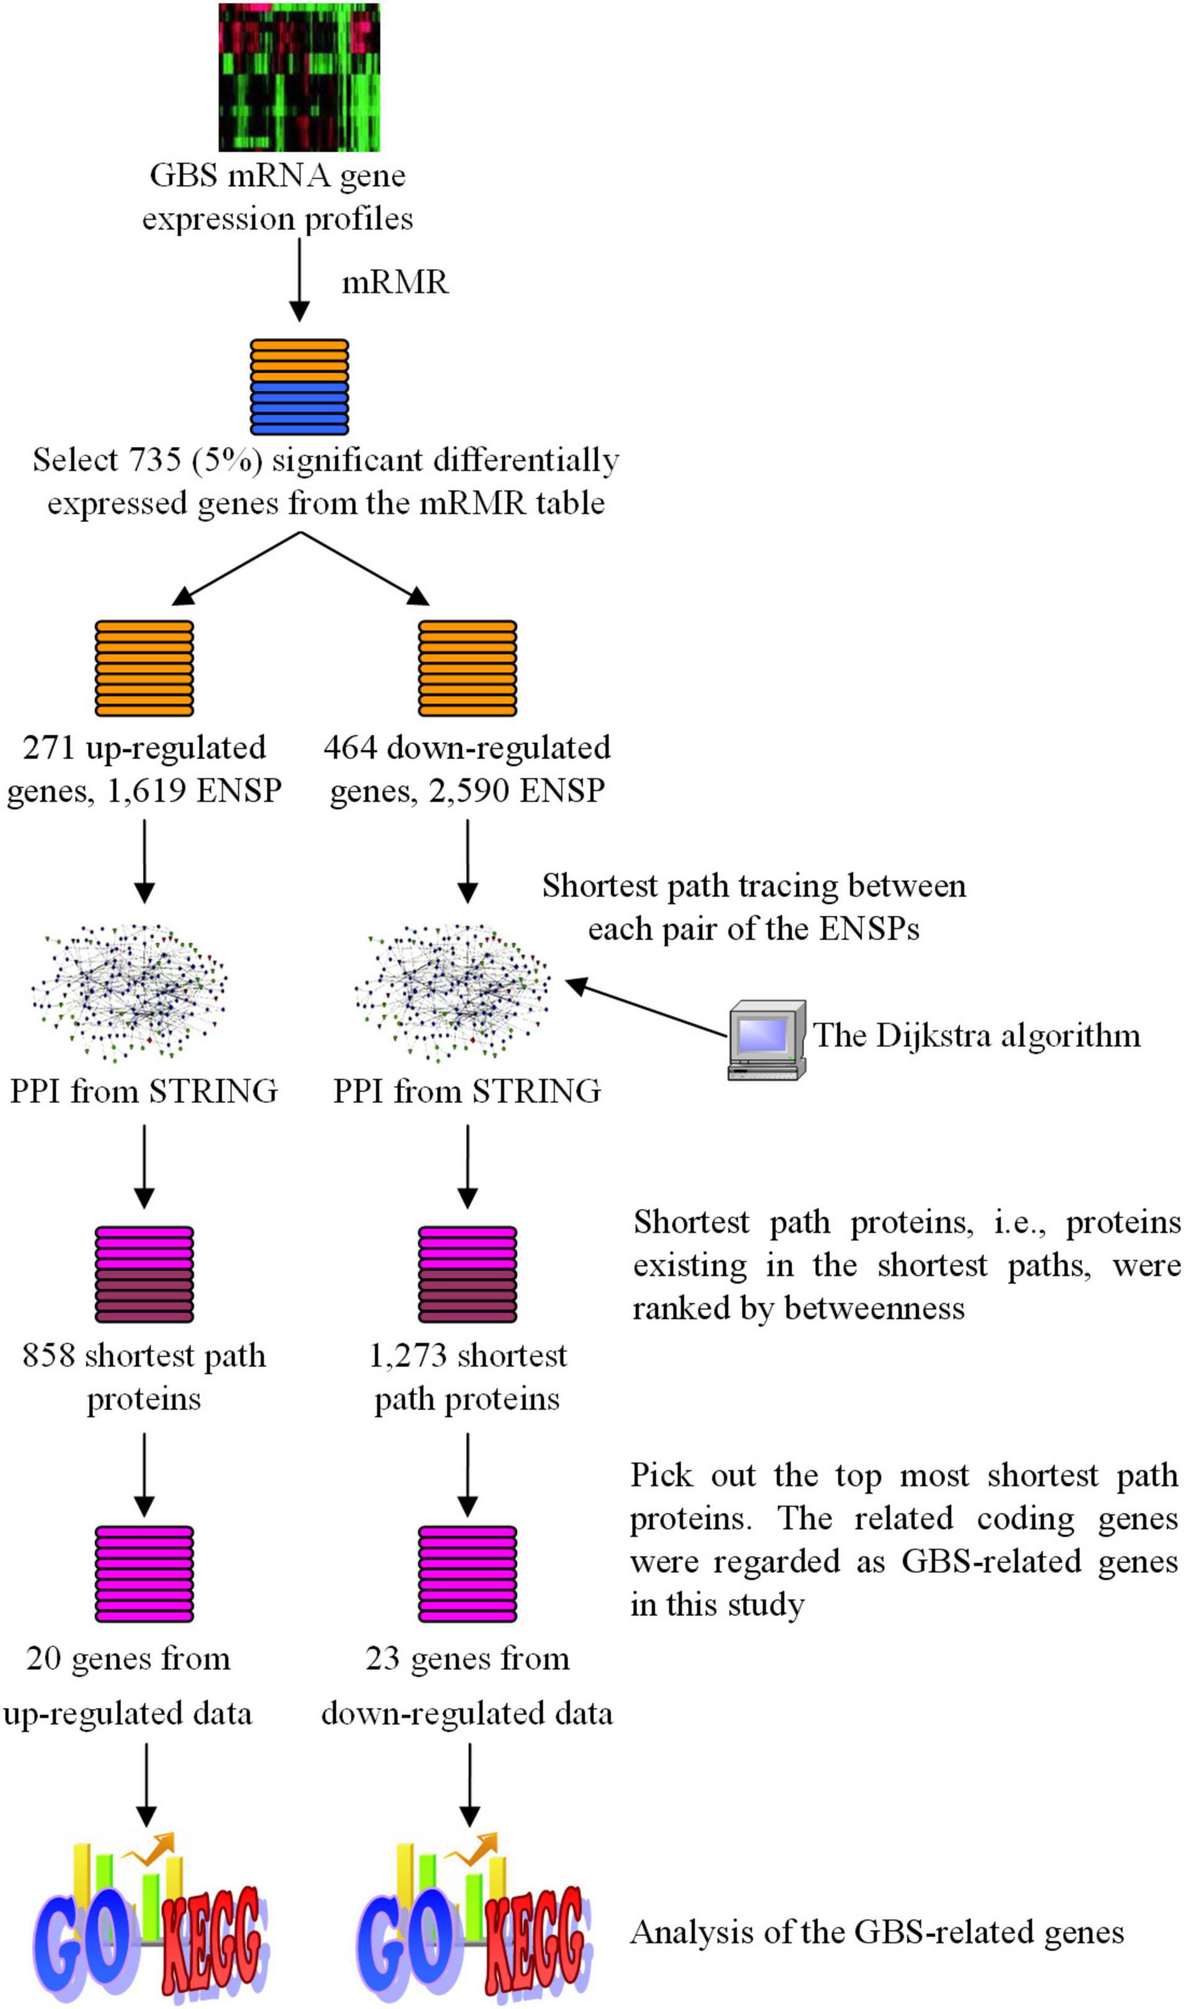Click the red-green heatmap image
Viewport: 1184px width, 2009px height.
299,78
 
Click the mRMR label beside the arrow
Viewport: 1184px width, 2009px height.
395,282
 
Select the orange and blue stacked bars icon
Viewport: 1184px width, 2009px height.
299,387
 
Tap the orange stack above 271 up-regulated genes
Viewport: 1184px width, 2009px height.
145,669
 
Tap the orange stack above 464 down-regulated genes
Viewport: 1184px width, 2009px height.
468,669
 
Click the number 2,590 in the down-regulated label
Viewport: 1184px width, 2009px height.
469,791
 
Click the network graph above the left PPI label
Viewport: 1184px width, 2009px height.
129,993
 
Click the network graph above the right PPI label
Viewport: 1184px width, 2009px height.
452,993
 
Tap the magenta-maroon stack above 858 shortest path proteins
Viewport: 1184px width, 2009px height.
145,1275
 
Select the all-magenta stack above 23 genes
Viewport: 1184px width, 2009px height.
468,1575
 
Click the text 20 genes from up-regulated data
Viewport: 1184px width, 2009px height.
128,1687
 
